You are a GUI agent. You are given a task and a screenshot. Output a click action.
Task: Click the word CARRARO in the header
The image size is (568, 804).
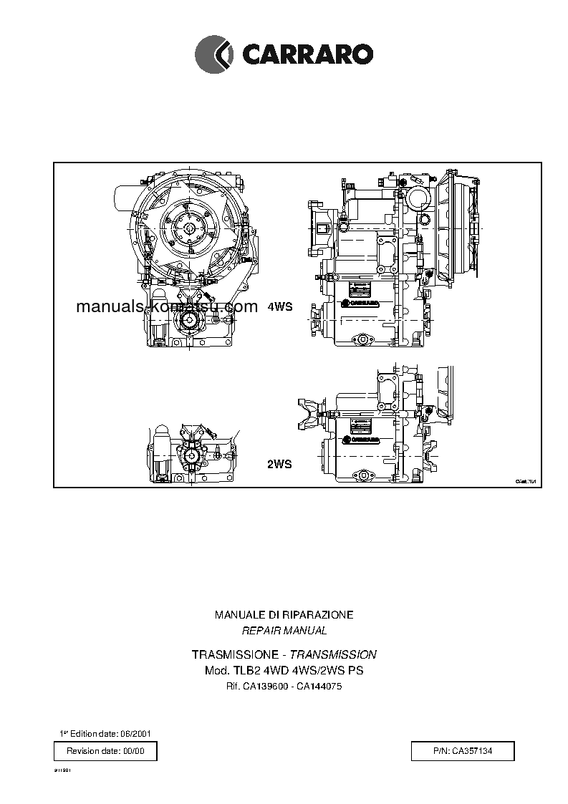(x=307, y=54)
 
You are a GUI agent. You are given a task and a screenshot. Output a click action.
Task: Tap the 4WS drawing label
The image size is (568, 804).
(x=280, y=306)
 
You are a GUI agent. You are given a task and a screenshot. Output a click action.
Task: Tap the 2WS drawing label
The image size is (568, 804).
(x=279, y=464)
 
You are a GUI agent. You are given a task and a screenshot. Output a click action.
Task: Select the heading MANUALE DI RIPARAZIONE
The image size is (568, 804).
(x=284, y=615)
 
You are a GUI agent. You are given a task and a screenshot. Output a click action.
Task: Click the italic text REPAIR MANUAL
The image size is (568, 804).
(x=284, y=631)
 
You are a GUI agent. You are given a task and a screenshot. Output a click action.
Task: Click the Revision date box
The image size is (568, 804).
(x=105, y=751)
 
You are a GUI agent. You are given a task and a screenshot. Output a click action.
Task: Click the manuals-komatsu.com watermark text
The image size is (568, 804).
(x=166, y=307)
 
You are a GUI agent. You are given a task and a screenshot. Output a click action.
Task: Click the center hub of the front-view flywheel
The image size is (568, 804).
(x=189, y=228)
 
